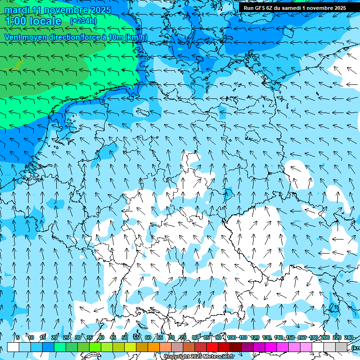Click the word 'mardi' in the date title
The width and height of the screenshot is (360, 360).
pos(17,10)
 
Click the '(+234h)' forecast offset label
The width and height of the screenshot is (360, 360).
pos(83,21)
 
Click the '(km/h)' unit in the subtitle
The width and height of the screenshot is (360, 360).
pos(136,37)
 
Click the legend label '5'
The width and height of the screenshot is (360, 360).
pos(18,337)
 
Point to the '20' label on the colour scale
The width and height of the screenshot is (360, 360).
pos(54,337)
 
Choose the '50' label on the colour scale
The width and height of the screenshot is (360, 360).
pos(125,337)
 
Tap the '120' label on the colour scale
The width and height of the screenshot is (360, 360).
pos(255,337)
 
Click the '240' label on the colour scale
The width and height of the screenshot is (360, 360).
pos(349,337)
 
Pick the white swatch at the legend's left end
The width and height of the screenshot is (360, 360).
pos(13,347)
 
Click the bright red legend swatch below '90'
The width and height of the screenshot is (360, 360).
pos(212,347)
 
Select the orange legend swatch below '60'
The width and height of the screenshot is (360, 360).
pos(154,347)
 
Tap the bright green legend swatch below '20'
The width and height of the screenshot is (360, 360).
pos(60,347)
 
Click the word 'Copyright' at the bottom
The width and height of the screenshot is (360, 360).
pos(177,357)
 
